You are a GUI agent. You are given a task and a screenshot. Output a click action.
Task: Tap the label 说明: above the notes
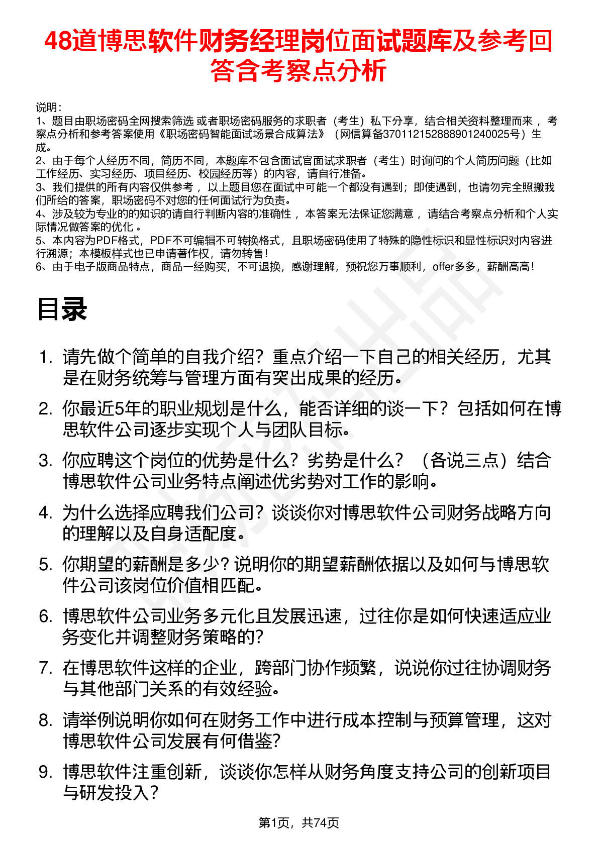(49, 108)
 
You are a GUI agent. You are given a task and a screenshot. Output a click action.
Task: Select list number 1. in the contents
(46, 357)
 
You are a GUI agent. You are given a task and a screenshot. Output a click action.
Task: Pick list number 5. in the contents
(46, 565)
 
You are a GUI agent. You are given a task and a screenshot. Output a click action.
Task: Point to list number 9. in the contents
(46, 772)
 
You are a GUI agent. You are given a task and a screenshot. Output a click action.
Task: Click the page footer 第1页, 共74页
(298, 822)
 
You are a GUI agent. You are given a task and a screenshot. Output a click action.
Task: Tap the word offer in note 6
(443, 267)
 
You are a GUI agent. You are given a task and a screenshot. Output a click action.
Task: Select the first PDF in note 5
(106, 240)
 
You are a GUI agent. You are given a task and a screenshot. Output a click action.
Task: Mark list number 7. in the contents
(46, 668)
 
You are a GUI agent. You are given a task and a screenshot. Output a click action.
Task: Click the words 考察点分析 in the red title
(324, 70)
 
